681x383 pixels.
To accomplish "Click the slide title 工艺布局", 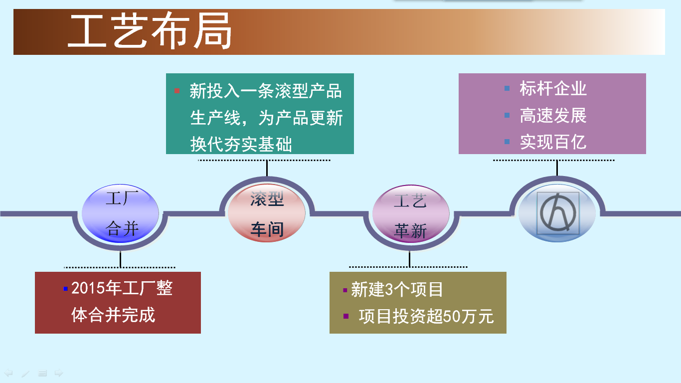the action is click(150, 30).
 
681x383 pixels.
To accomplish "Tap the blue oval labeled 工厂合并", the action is click(120, 213).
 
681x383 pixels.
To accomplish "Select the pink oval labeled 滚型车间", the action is click(267, 213).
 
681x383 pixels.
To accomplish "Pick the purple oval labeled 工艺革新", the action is click(411, 213).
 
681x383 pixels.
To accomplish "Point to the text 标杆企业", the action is click(553, 89).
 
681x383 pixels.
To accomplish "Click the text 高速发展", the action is click(553, 115).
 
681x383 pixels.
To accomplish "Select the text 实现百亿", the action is click(553, 142).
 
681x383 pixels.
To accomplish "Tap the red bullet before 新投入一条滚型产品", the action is click(177, 91).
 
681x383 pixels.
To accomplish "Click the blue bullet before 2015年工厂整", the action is click(65, 289).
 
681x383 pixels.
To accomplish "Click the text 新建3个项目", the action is click(397, 289).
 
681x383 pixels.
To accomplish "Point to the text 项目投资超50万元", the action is click(426, 316).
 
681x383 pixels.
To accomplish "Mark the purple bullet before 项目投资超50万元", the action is click(345, 316).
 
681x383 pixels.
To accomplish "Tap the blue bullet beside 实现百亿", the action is click(507, 142).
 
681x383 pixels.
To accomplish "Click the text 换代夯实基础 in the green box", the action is click(241, 144).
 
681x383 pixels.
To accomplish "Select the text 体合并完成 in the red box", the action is click(113, 315).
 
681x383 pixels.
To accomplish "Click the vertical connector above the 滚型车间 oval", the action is click(267, 168).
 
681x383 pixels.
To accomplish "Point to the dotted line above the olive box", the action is click(408, 267).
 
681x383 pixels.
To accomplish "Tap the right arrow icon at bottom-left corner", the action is click(59, 373).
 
